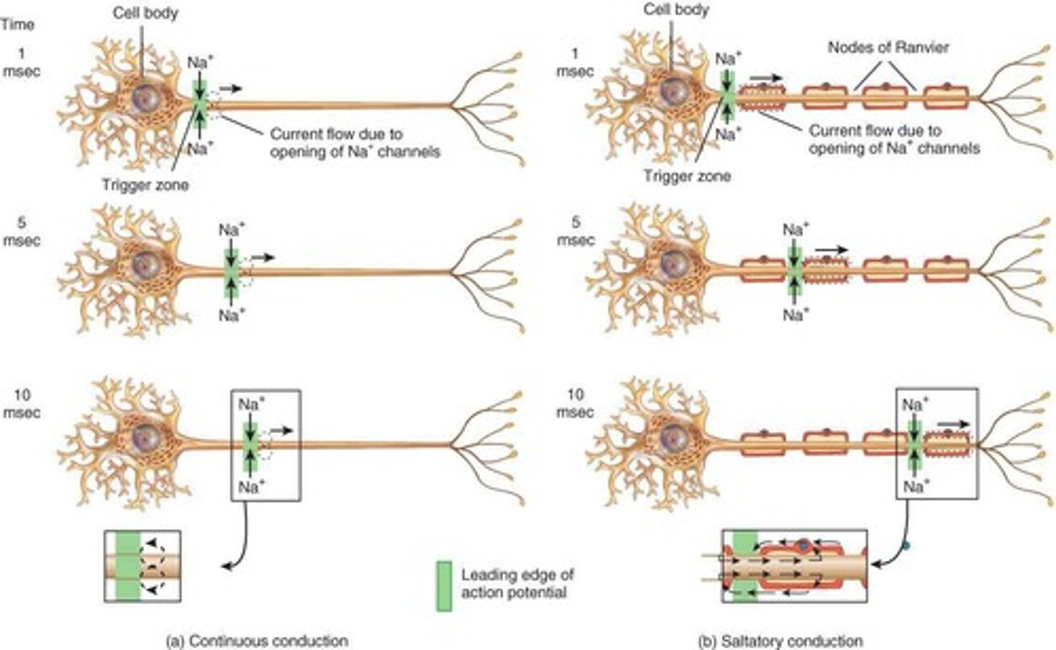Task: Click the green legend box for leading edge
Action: [x=444, y=586]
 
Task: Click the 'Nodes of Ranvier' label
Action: [x=888, y=48]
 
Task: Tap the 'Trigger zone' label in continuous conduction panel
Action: [x=144, y=185]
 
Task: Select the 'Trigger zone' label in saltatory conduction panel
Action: [x=687, y=176]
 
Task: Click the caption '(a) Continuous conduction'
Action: [x=257, y=640]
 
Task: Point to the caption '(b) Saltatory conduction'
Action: [x=780, y=640]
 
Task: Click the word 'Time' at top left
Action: [x=18, y=24]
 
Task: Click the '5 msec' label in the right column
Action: [x=576, y=232]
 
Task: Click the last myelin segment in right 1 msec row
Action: [x=945, y=98]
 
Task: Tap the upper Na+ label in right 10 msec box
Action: [x=914, y=403]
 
